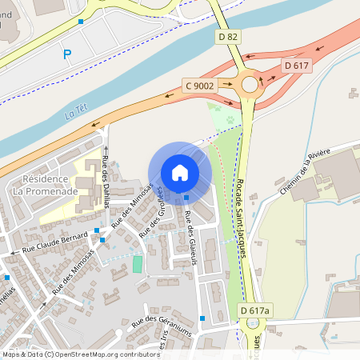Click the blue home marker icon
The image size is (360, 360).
180,173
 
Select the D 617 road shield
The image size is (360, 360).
296,65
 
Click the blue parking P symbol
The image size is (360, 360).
67,54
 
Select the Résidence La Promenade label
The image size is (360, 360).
50,186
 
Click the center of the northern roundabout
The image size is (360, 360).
250,83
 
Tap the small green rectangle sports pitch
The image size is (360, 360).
138,263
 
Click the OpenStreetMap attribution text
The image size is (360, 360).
72,354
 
